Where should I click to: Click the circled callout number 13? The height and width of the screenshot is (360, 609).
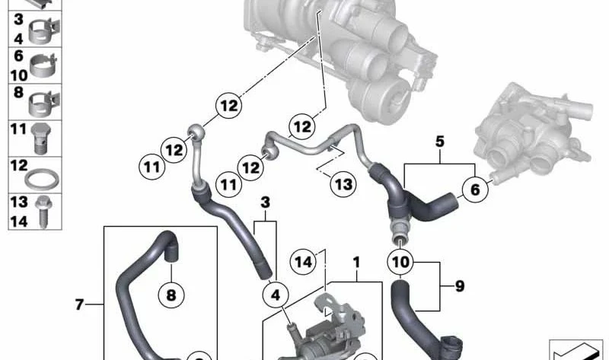343,183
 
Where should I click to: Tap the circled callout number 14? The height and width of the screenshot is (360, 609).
303,262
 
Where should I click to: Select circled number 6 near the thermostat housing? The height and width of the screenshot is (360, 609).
475,190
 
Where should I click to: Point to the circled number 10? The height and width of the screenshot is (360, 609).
400,262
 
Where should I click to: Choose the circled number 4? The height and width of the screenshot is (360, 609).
276,295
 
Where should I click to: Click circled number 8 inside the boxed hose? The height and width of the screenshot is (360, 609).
171,295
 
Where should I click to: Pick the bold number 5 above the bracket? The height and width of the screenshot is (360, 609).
440,142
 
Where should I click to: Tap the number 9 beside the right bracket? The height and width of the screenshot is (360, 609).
460,286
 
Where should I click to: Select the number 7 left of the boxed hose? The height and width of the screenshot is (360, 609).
79,304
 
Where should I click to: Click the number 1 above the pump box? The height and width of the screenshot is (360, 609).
356,263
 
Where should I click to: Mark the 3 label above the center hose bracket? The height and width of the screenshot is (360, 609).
265,202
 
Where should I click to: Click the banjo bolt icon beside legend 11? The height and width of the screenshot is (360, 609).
41,139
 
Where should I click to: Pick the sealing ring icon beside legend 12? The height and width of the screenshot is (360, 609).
42,179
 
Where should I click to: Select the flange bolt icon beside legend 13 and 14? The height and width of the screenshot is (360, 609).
43,212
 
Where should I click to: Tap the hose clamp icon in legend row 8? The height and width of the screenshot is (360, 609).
44,104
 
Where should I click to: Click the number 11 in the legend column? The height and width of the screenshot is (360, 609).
18,129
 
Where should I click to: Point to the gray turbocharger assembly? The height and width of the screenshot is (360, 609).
342,54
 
